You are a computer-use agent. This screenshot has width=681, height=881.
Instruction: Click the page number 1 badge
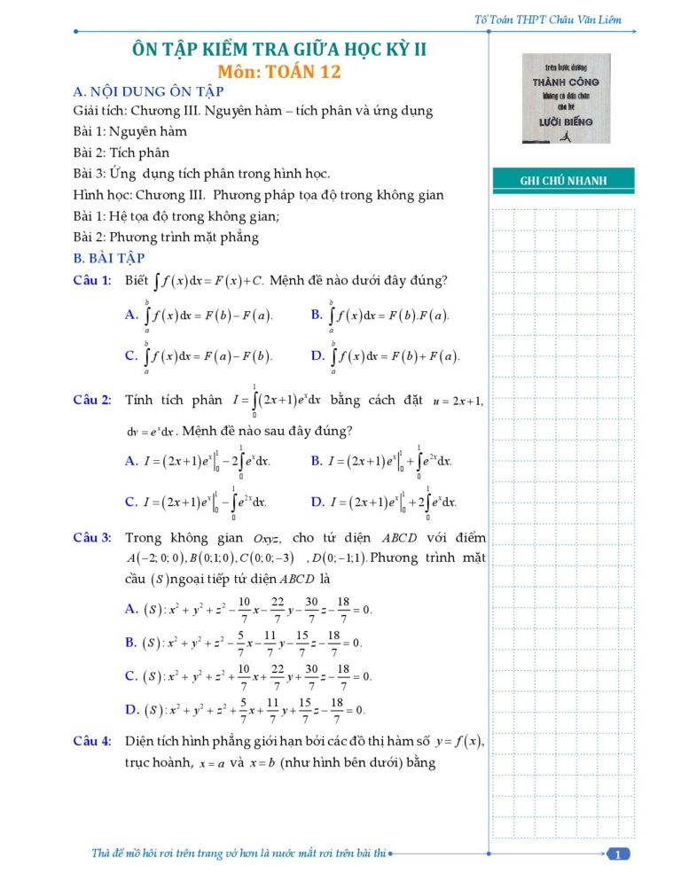pyautogui.click(x=618, y=854)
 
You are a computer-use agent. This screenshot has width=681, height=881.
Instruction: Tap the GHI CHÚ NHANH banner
pyautogui.click(x=564, y=181)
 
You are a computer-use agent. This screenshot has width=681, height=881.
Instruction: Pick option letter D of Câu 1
pyautogui.click(x=317, y=355)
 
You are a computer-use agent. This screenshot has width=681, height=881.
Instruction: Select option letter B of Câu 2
pyautogui.click(x=317, y=461)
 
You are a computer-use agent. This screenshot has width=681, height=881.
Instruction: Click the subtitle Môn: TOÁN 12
pyautogui.click(x=279, y=73)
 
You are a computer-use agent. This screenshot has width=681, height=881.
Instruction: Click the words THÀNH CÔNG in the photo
pyautogui.click(x=566, y=82)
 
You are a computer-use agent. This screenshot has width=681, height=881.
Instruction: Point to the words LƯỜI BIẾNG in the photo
pyautogui.click(x=566, y=121)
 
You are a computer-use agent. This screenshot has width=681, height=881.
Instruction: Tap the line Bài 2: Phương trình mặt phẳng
pyautogui.click(x=166, y=238)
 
